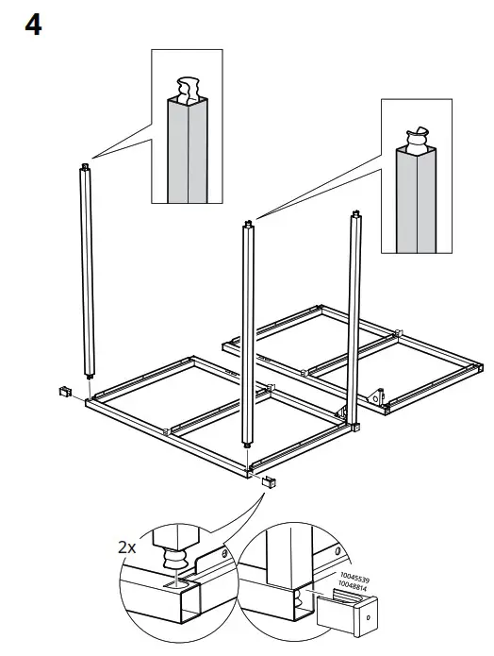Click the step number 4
click(32, 25)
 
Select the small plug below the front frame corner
click(269, 482)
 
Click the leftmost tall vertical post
click(87, 274)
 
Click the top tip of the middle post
click(249, 224)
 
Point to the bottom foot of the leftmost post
click(89, 378)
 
